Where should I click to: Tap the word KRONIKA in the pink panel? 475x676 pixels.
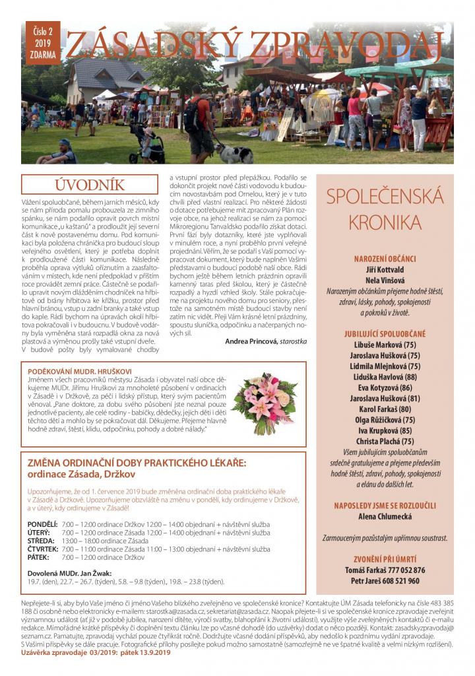[x=385, y=220]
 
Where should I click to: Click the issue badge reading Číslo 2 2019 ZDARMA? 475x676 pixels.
[x=41, y=43]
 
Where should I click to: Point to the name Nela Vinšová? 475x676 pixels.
[x=385, y=280]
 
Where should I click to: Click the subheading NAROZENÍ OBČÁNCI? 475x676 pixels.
[x=385, y=258]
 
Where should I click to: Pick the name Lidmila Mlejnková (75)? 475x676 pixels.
[x=385, y=366]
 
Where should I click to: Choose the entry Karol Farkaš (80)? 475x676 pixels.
[x=385, y=409]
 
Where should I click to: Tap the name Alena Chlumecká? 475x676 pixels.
[x=385, y=516]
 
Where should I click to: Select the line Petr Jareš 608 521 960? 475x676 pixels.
[x=385, y=581]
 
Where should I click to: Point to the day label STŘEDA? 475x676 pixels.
[x=41, y=540]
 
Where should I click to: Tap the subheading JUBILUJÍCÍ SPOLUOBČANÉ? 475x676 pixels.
[x=385, y=333]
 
